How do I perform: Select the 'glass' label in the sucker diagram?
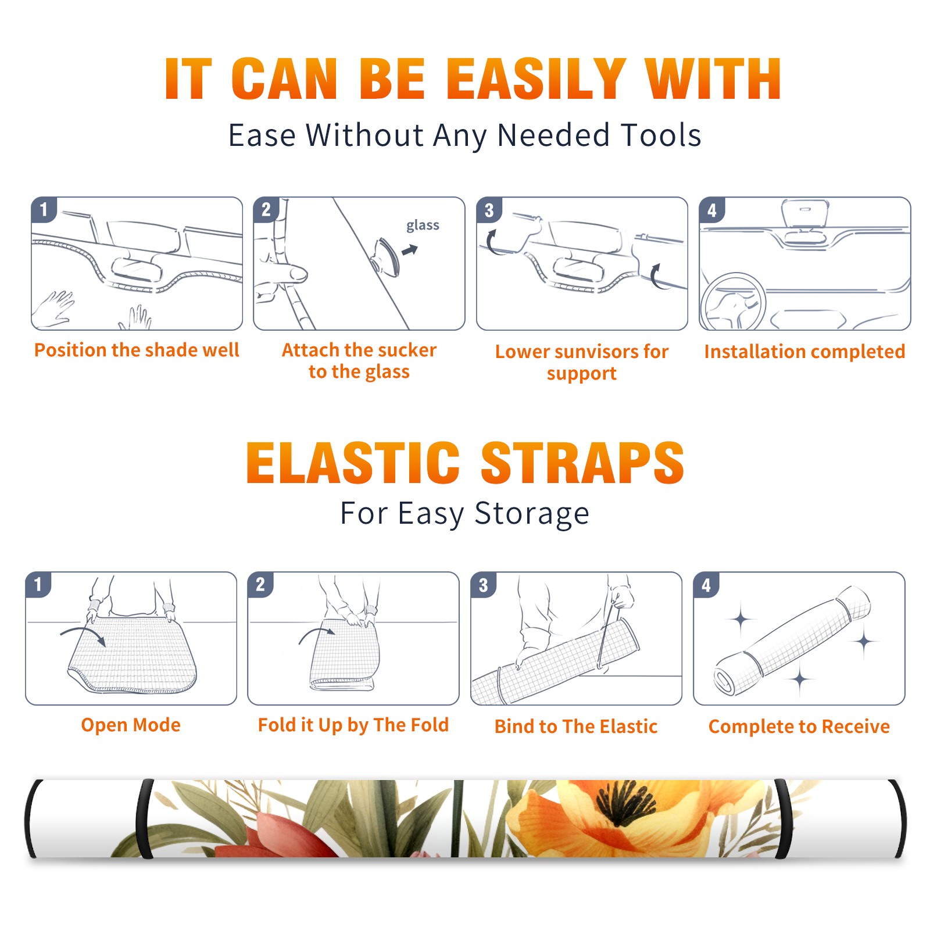tap(423, 225)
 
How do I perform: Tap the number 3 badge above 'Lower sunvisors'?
tap(489, 210)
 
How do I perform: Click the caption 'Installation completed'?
tap(804, 351)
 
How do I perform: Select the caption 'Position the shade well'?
tap(137, 350)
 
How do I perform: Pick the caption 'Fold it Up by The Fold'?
tap(353, 725)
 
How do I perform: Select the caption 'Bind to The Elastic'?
tap(575, 727)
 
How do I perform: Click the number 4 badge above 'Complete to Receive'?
tap(706, 585)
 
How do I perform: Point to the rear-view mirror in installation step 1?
tap(136, 267)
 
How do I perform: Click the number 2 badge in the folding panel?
tap(260, 584)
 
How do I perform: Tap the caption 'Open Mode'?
tap(131, 725)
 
